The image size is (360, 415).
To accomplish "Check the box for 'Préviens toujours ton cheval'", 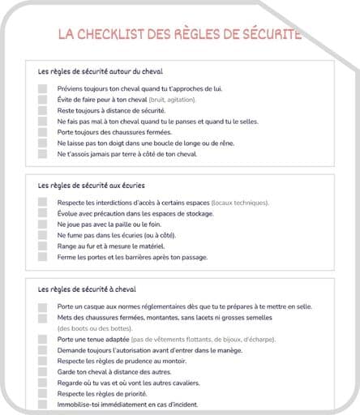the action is click(x=42, y=88).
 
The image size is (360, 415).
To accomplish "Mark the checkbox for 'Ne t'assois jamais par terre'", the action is click(x=42, y=153).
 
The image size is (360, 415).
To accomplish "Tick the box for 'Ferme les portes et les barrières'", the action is click(x=42, y=257).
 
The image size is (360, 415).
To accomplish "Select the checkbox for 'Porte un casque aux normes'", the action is click(x=42, y=306).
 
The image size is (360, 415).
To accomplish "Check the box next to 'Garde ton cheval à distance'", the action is click(x=42, y=371).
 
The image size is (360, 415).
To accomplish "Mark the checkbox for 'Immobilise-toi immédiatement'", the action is click(x=42, y=404).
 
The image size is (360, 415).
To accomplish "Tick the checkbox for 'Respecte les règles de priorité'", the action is click(x=42, y=393).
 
